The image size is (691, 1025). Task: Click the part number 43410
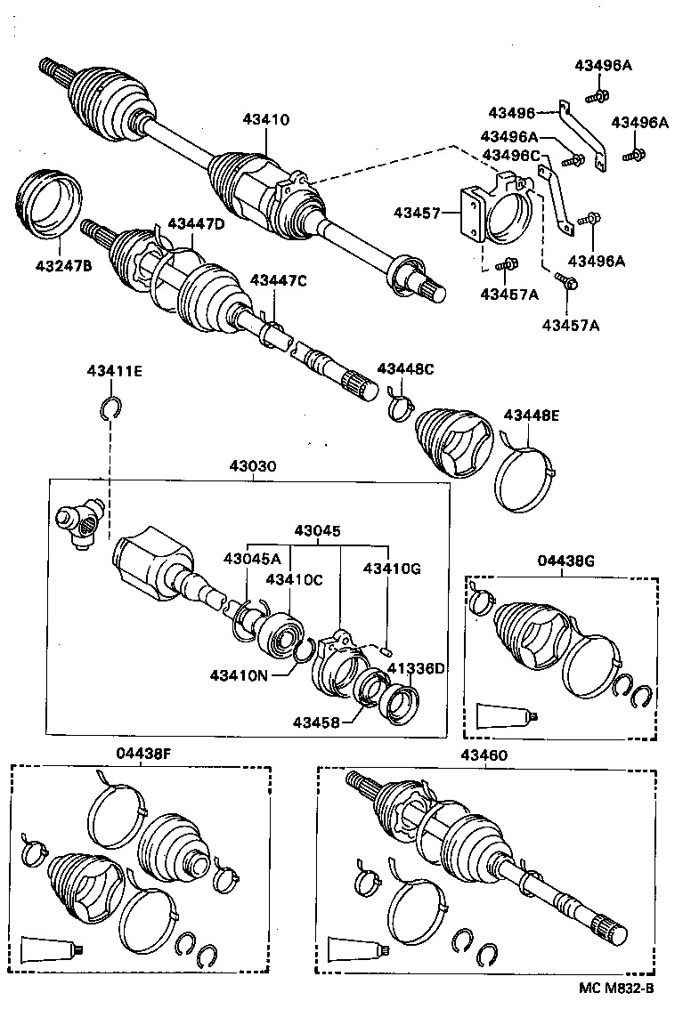266,120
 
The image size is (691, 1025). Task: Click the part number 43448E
532,415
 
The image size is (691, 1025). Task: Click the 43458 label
316,722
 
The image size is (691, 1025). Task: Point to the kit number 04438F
142,754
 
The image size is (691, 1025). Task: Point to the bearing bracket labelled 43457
494,214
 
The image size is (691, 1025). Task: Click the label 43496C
511,155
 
